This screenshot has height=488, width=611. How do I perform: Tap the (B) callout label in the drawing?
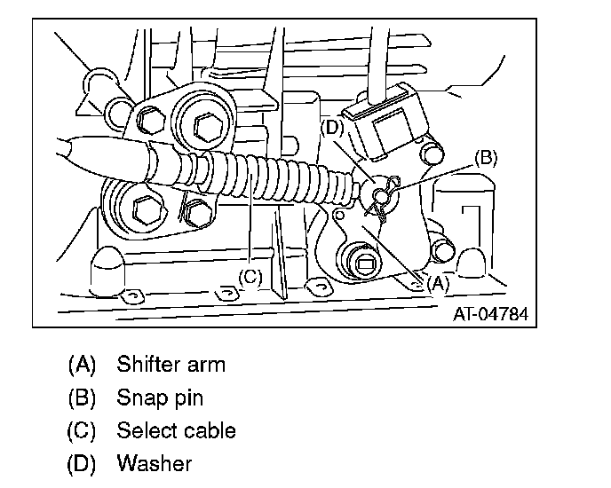[486, 158]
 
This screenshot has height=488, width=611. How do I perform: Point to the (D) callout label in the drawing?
[331, 127]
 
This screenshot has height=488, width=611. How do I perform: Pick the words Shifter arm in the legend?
[171, 364]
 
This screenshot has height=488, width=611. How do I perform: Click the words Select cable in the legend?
[176, 431]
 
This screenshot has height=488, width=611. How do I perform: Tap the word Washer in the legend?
[154, 464]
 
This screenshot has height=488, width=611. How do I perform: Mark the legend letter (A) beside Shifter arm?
[81, 364]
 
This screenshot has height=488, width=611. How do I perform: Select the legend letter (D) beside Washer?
[81, 464]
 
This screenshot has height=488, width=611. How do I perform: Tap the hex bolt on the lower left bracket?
[142, 211]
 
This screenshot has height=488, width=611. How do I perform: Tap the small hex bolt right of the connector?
[434, 152]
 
